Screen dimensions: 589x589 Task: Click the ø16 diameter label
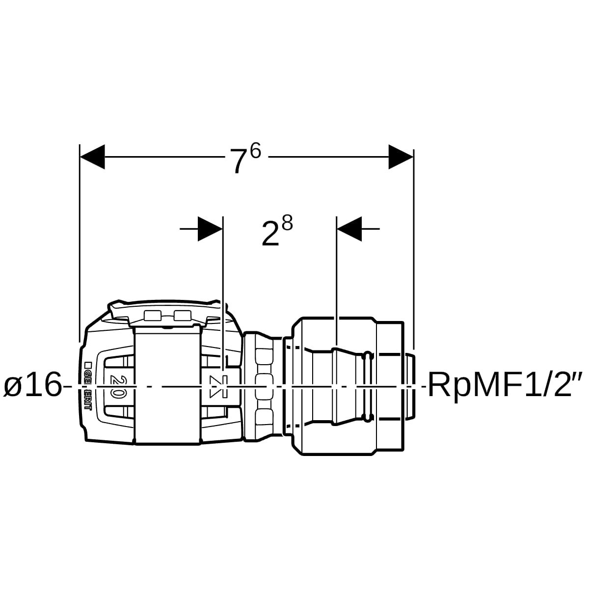[32, 385]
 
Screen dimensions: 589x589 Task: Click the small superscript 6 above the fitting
[255, 151]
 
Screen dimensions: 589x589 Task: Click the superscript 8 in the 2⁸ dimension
[288, 224]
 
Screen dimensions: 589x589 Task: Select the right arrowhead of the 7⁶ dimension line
[401, 157]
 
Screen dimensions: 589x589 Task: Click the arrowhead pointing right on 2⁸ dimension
[210, 229]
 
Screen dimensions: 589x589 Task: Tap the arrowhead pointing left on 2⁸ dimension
[349, 229]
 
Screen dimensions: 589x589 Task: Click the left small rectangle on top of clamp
[153, 315]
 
